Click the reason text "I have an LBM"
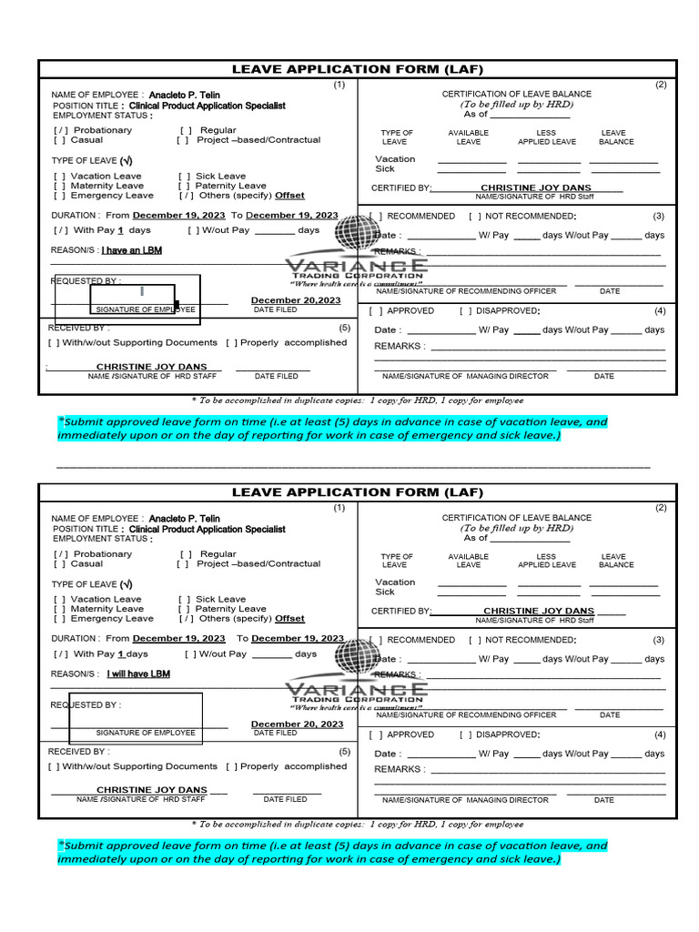(x=131, y=250)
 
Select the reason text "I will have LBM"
(x=137, y=674)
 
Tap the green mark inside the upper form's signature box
(x=142, y=291)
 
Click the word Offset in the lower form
(x=289, y=619)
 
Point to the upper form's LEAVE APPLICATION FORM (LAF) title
(x=357, y=69)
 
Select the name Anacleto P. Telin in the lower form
(x=184, y=519)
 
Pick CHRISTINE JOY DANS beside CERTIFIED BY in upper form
(x=535, y=187)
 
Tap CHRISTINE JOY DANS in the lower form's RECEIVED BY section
(x=152, y=790)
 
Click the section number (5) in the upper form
(x=344, y=328)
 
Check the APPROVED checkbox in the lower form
(x=375, y=734)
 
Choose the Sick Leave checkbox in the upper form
(x=185, y=176)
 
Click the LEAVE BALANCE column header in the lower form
(x=615, y=561)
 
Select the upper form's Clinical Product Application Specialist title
(x=207, y=106)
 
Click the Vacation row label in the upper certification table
(x=395, y=159)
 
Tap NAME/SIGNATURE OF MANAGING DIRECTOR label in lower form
(x=465, y=800)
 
